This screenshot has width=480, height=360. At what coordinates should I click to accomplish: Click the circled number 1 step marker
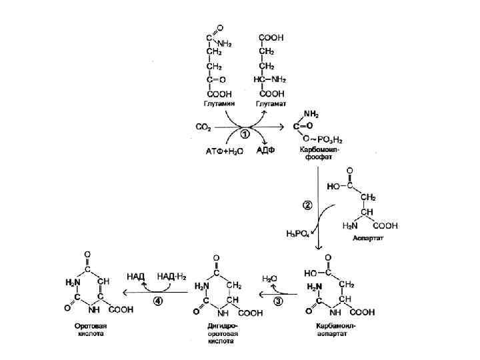point(245,133)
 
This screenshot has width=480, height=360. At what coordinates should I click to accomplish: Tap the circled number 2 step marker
point(308,205)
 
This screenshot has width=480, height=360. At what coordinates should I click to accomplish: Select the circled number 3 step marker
point(279,301)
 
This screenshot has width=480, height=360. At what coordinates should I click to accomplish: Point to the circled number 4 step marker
point(158,301)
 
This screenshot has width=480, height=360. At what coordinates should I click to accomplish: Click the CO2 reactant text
point(203,125)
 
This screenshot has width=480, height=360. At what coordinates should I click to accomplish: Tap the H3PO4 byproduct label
point(296,233)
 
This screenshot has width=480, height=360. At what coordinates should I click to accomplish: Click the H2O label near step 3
point(270,279)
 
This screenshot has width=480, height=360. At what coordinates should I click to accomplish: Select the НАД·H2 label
point(171,275)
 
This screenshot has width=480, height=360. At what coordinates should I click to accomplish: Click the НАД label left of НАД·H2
point(136,275)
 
